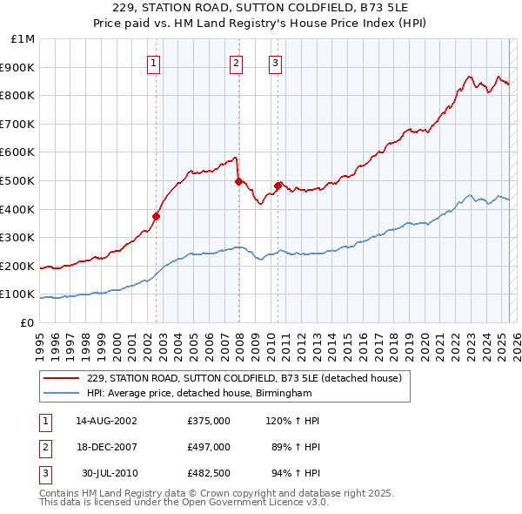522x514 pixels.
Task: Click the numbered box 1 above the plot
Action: [x=153, y=62]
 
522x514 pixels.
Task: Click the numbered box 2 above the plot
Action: [x=236, y=62]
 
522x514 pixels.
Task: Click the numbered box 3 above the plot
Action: [x=275, y=62]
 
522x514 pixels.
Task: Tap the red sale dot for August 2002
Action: [x=157, y=216]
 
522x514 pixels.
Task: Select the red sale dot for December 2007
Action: [x=238, y=181]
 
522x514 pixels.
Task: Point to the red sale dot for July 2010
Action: [x=278, y=186]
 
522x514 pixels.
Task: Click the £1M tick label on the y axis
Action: [x=23, y=39]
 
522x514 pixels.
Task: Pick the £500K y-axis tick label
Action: [x=18, y=180]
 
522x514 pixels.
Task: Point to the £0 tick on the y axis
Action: [x=27, y=322]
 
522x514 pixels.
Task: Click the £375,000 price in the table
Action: [x=209, y=421]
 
